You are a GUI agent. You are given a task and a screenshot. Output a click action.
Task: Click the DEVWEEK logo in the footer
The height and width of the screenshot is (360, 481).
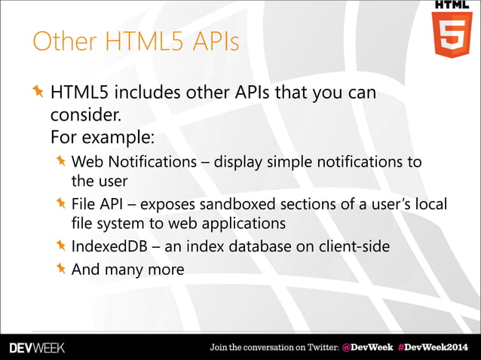click(x=38, y=347)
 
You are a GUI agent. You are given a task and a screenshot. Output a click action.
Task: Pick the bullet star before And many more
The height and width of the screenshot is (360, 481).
click(x=60, y=267)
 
